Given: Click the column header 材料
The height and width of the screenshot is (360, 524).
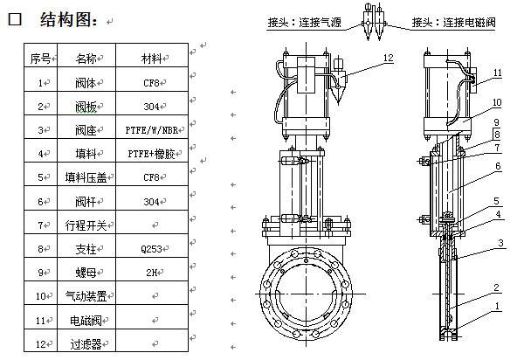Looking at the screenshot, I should (151, 59).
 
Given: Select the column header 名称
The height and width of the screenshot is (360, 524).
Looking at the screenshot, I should (86, 59).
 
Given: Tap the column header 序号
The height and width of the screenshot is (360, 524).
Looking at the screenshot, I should (40, 59).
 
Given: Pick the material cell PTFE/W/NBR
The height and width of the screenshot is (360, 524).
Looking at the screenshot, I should (151, 130).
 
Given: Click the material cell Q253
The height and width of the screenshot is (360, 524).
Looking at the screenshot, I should (151, 249).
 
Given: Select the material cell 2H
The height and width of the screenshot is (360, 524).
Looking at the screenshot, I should (151, 273).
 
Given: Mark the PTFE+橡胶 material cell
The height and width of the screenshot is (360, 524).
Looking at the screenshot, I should (151, 155).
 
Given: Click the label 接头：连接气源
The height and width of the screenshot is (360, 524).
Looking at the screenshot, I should (305, 24).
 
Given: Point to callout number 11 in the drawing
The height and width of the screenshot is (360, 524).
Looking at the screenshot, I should (497, 73).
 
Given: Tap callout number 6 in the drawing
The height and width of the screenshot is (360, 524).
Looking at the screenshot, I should (497, 165).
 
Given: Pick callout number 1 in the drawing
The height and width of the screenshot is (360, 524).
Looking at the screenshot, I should (497, 307).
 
